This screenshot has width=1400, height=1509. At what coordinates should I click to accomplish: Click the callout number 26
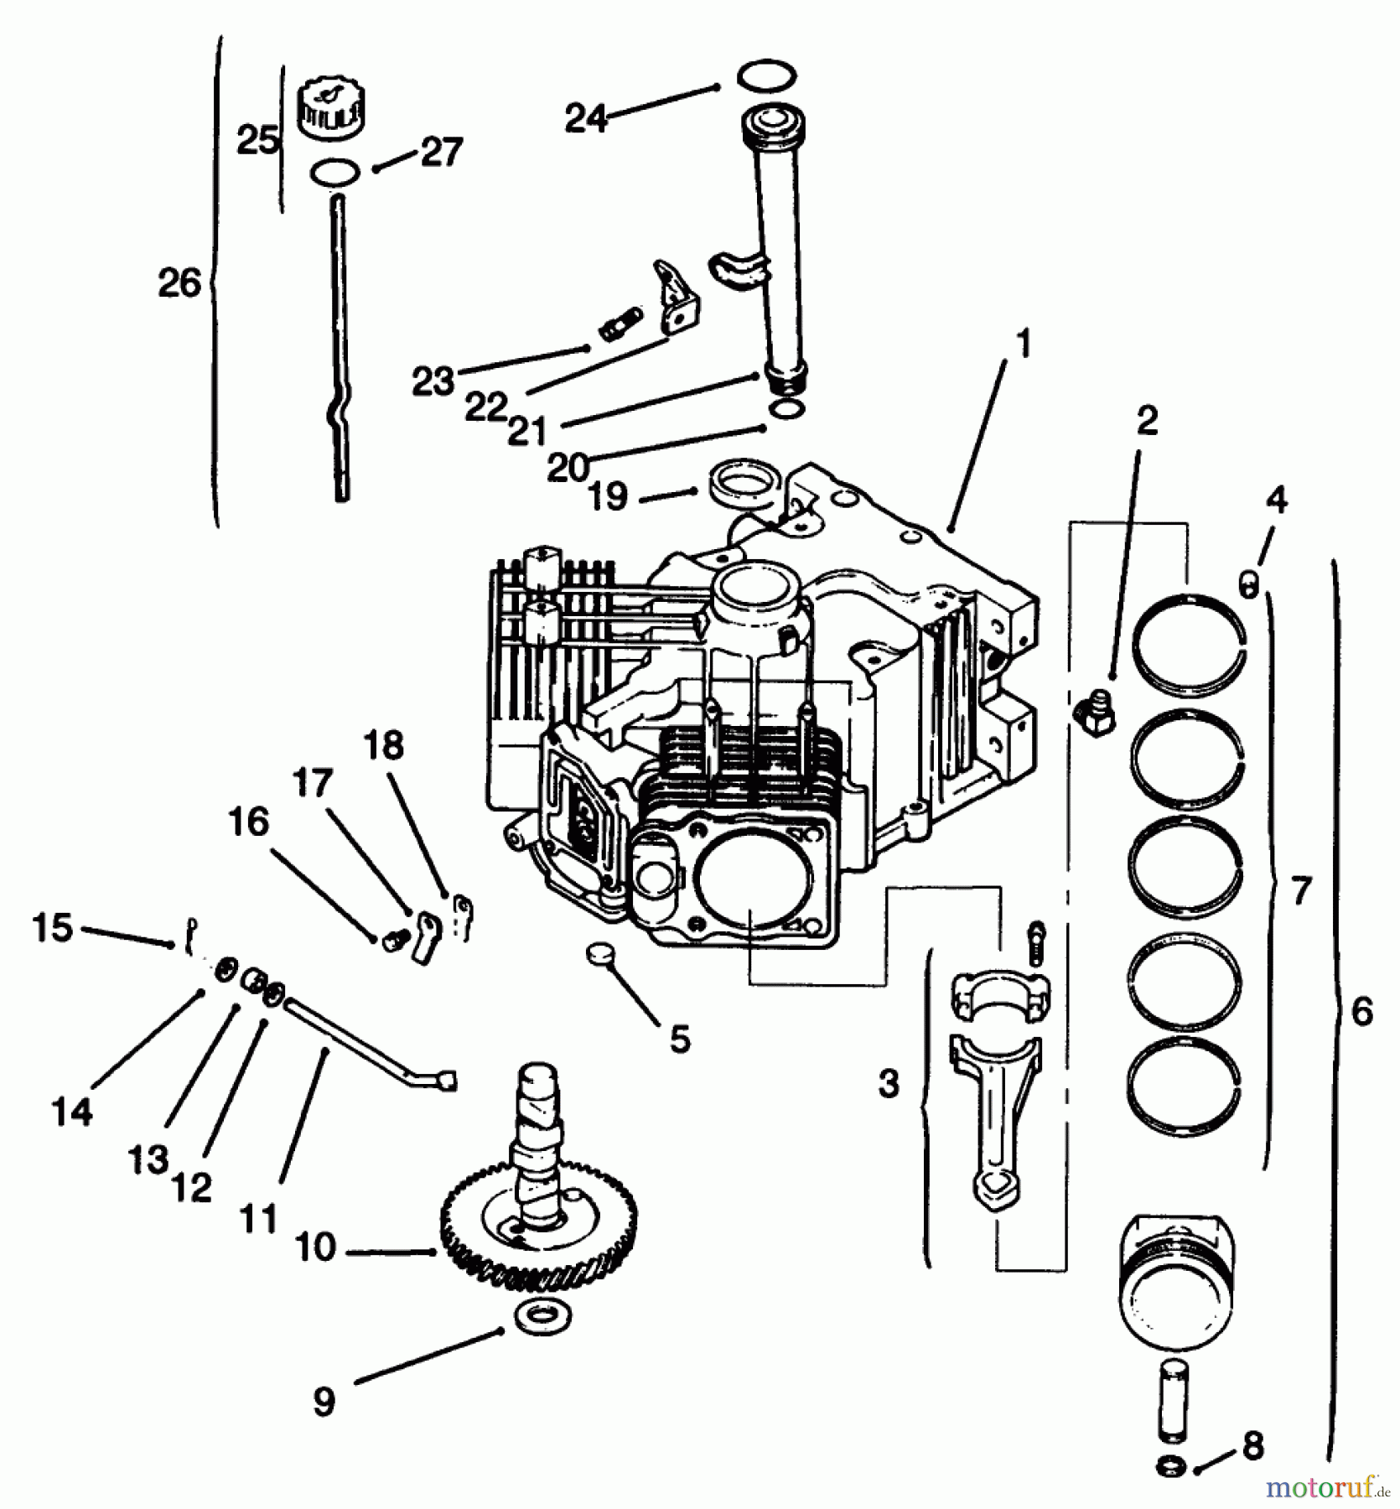(179, 283)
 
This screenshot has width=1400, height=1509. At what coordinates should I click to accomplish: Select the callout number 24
(585, 117)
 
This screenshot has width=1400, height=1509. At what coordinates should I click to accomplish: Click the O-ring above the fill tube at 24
(766, 75)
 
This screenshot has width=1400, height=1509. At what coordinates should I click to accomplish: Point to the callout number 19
(608, 496)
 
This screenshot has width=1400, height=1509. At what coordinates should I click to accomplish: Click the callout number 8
(1252, 1445)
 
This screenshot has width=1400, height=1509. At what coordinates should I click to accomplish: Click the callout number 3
(889, 1083)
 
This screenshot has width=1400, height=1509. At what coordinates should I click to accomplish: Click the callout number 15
(52, 928)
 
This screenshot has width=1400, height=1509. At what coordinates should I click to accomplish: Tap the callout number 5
(680, 1040)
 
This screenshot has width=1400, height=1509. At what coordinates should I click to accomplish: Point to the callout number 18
(384, 744)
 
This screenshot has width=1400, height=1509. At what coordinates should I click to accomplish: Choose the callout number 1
(1023, 343)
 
